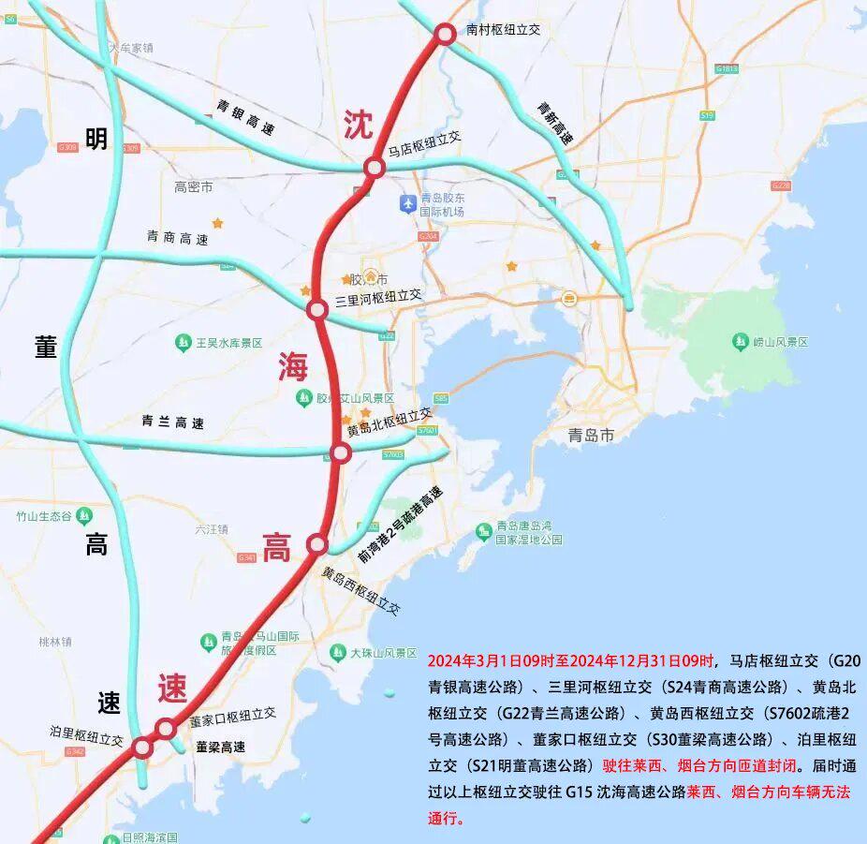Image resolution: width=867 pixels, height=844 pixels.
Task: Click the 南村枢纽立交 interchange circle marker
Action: click(x=445, y=34)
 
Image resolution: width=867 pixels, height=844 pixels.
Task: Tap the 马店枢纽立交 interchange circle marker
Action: click(x=375, y=168)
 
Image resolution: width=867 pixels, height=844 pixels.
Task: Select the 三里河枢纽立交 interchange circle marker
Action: click(x=317, y=308)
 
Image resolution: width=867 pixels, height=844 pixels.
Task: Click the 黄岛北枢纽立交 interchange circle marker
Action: click(x=341, y=453)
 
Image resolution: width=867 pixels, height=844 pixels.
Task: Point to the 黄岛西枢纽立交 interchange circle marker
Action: click(x=317, y=543)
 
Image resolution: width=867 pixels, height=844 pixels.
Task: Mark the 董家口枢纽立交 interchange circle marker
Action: click(x=166, y=728)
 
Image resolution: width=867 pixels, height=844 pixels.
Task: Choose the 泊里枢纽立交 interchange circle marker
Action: click(x=142, y=747)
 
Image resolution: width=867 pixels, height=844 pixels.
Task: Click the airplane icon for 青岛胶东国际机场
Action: click(x=407, y=203)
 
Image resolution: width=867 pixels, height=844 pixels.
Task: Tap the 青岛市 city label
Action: click(x=591, y=436)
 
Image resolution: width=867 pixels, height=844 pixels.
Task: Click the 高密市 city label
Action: click(x=193, y=187)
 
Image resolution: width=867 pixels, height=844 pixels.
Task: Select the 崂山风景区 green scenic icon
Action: click(x=741, y=342)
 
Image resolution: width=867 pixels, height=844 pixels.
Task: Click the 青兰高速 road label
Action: click(x=172, y=422)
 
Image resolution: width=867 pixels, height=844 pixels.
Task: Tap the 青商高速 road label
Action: click(x=177, y=238)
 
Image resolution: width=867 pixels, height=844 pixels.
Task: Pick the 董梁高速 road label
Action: click(x=221, y=747)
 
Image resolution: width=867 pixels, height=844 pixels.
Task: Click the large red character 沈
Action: click(x=358, y=124)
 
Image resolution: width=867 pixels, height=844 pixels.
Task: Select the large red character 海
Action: click(x=292, y=367)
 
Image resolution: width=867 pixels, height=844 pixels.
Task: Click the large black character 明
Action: click(x=96, y=140)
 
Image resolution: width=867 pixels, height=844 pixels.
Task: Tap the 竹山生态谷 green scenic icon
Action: click(x=84, y=515)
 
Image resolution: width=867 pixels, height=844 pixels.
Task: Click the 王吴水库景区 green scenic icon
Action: click(x=184, y=344)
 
